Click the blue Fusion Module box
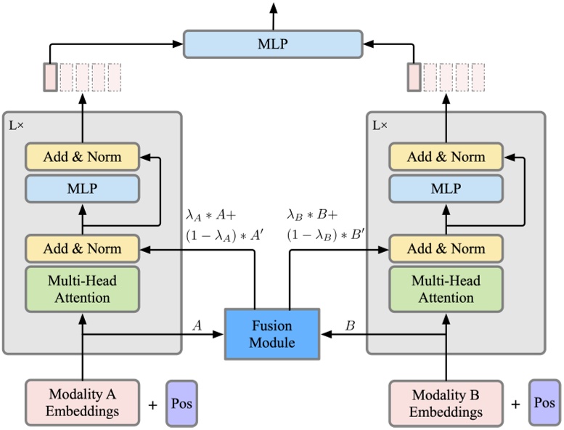(272, 333)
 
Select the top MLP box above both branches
(272, 44)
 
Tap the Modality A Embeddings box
(82, 402)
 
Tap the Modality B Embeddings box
(446, 402)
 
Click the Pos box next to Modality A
(181, 402)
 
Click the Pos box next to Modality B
(544, 402)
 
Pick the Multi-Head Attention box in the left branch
(82, 289)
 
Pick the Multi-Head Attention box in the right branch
(446, 289)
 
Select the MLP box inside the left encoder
(82, 189)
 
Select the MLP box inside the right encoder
(446, 189)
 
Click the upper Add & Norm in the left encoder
(82, 157)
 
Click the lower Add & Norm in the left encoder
(82, 248)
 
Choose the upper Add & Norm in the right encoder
(446, 157)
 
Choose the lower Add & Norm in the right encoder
(446, 248)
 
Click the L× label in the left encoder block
(16, 125)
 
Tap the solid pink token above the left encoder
(50, 78)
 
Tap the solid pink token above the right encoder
(414, 78)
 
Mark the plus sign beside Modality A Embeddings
(152, 404)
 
